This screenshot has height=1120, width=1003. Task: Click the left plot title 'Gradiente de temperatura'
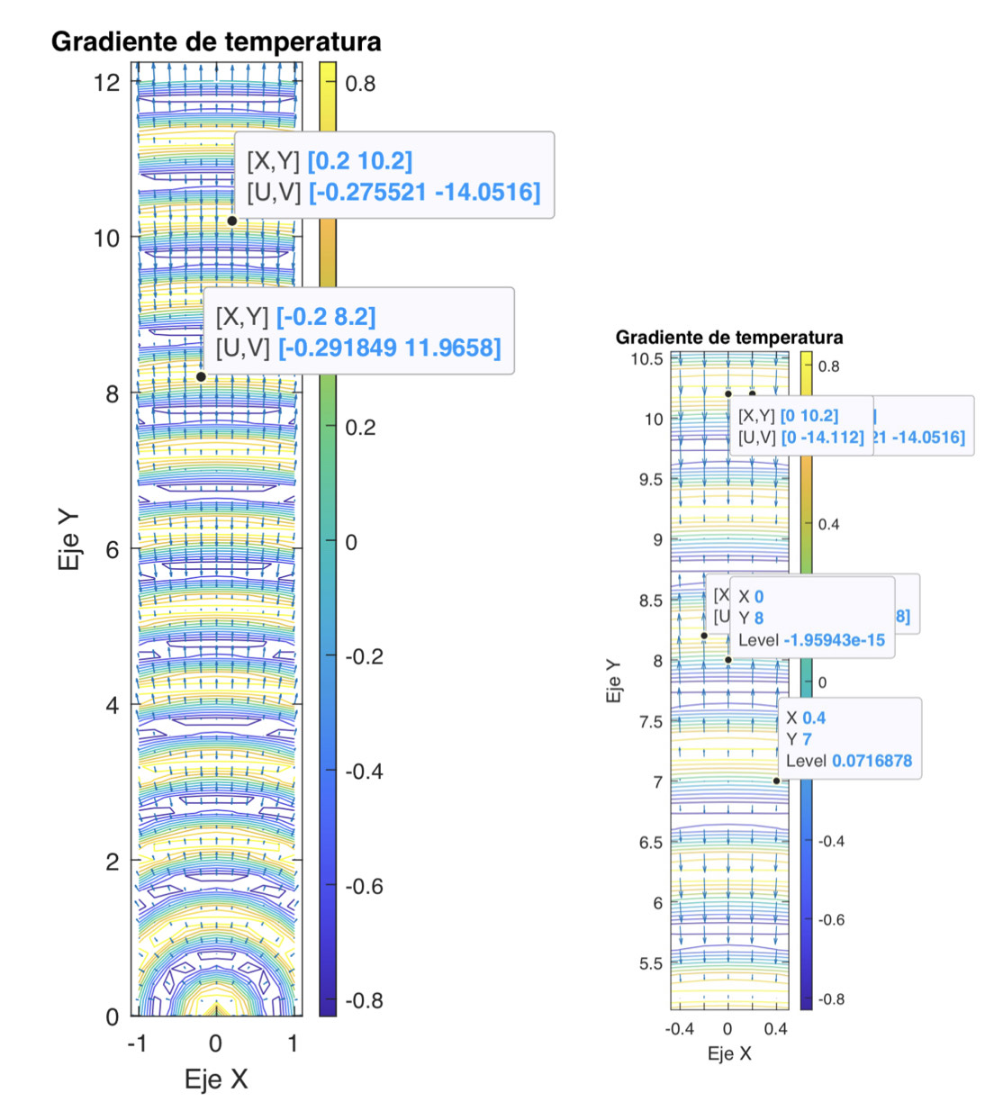[216, 41]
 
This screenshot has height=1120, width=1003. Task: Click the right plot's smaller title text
[729, 338]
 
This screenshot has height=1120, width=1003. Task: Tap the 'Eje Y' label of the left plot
[69, 540]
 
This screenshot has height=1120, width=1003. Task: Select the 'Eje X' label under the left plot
[216, 1079]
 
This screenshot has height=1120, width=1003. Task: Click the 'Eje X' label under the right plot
[729, 1053]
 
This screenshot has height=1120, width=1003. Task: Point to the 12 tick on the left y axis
[106, 83]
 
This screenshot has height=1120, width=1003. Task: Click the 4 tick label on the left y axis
[112, 705]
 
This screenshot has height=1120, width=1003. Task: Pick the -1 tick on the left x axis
[137, 1043]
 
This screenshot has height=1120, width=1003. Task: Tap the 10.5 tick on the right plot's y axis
[646, 359]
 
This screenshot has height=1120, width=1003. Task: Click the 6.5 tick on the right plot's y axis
[651, 843]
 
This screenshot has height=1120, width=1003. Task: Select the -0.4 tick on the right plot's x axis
[680, 1029]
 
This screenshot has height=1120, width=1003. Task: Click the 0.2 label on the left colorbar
[360, 427]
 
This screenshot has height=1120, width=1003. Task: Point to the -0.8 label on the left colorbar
[364, 1000]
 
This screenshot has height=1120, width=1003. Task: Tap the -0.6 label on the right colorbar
[831, 920]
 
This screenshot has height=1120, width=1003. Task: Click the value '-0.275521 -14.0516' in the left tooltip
[425, 192]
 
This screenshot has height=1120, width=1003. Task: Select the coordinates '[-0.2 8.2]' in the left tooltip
[326, 317]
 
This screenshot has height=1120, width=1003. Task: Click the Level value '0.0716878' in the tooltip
[872, 761]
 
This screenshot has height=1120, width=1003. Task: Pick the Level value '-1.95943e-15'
[835, 640]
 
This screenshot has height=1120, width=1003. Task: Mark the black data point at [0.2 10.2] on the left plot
[232, 221]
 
